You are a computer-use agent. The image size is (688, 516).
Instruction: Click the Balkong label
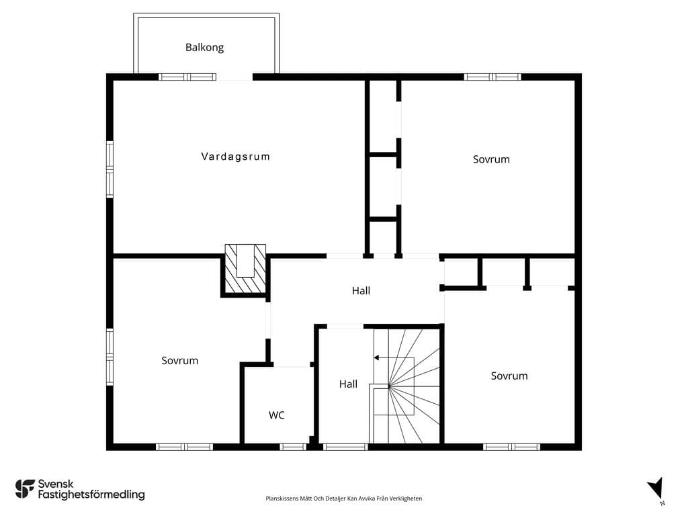click(x=204, y=48)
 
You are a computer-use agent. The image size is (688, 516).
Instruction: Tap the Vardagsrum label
click(x=236, y=157)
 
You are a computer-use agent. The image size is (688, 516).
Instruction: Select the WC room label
click(x=276, y=415)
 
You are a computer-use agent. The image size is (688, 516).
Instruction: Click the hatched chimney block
click(x=245, y=269)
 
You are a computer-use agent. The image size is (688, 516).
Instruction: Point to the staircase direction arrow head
click(x=376, y=358)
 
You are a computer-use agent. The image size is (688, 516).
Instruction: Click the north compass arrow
click(x=656, y=489)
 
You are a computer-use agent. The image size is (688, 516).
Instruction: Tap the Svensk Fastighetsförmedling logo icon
click(x=25, y=489)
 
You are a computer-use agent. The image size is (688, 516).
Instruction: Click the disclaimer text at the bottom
click(x=343, y=499)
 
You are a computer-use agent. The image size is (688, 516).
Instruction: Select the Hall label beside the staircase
click(x=349, y=384)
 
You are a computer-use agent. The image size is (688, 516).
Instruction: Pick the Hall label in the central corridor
click(x=361, y=290)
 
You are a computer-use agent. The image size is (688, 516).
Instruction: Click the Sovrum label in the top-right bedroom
click(x=491, y=159)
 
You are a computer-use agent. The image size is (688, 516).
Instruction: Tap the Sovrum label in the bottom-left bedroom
click(x=180, y=361)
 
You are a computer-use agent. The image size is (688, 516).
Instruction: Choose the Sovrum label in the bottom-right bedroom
click(x=509, y=376)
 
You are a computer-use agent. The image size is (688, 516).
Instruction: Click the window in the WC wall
click(x=293, y=447)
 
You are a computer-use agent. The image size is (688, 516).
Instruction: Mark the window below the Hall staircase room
click(x=345, y=447)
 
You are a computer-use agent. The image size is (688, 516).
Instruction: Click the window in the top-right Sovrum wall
click(x=492, y=77)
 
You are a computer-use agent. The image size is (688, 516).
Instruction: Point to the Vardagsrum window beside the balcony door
click(x=187, y=77)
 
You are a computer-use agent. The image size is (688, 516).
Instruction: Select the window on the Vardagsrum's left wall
click(x=110, y=169)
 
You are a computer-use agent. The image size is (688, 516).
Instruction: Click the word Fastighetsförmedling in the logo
click(x=91, y=495)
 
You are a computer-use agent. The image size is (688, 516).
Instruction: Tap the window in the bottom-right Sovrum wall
click(x=511, y=447)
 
